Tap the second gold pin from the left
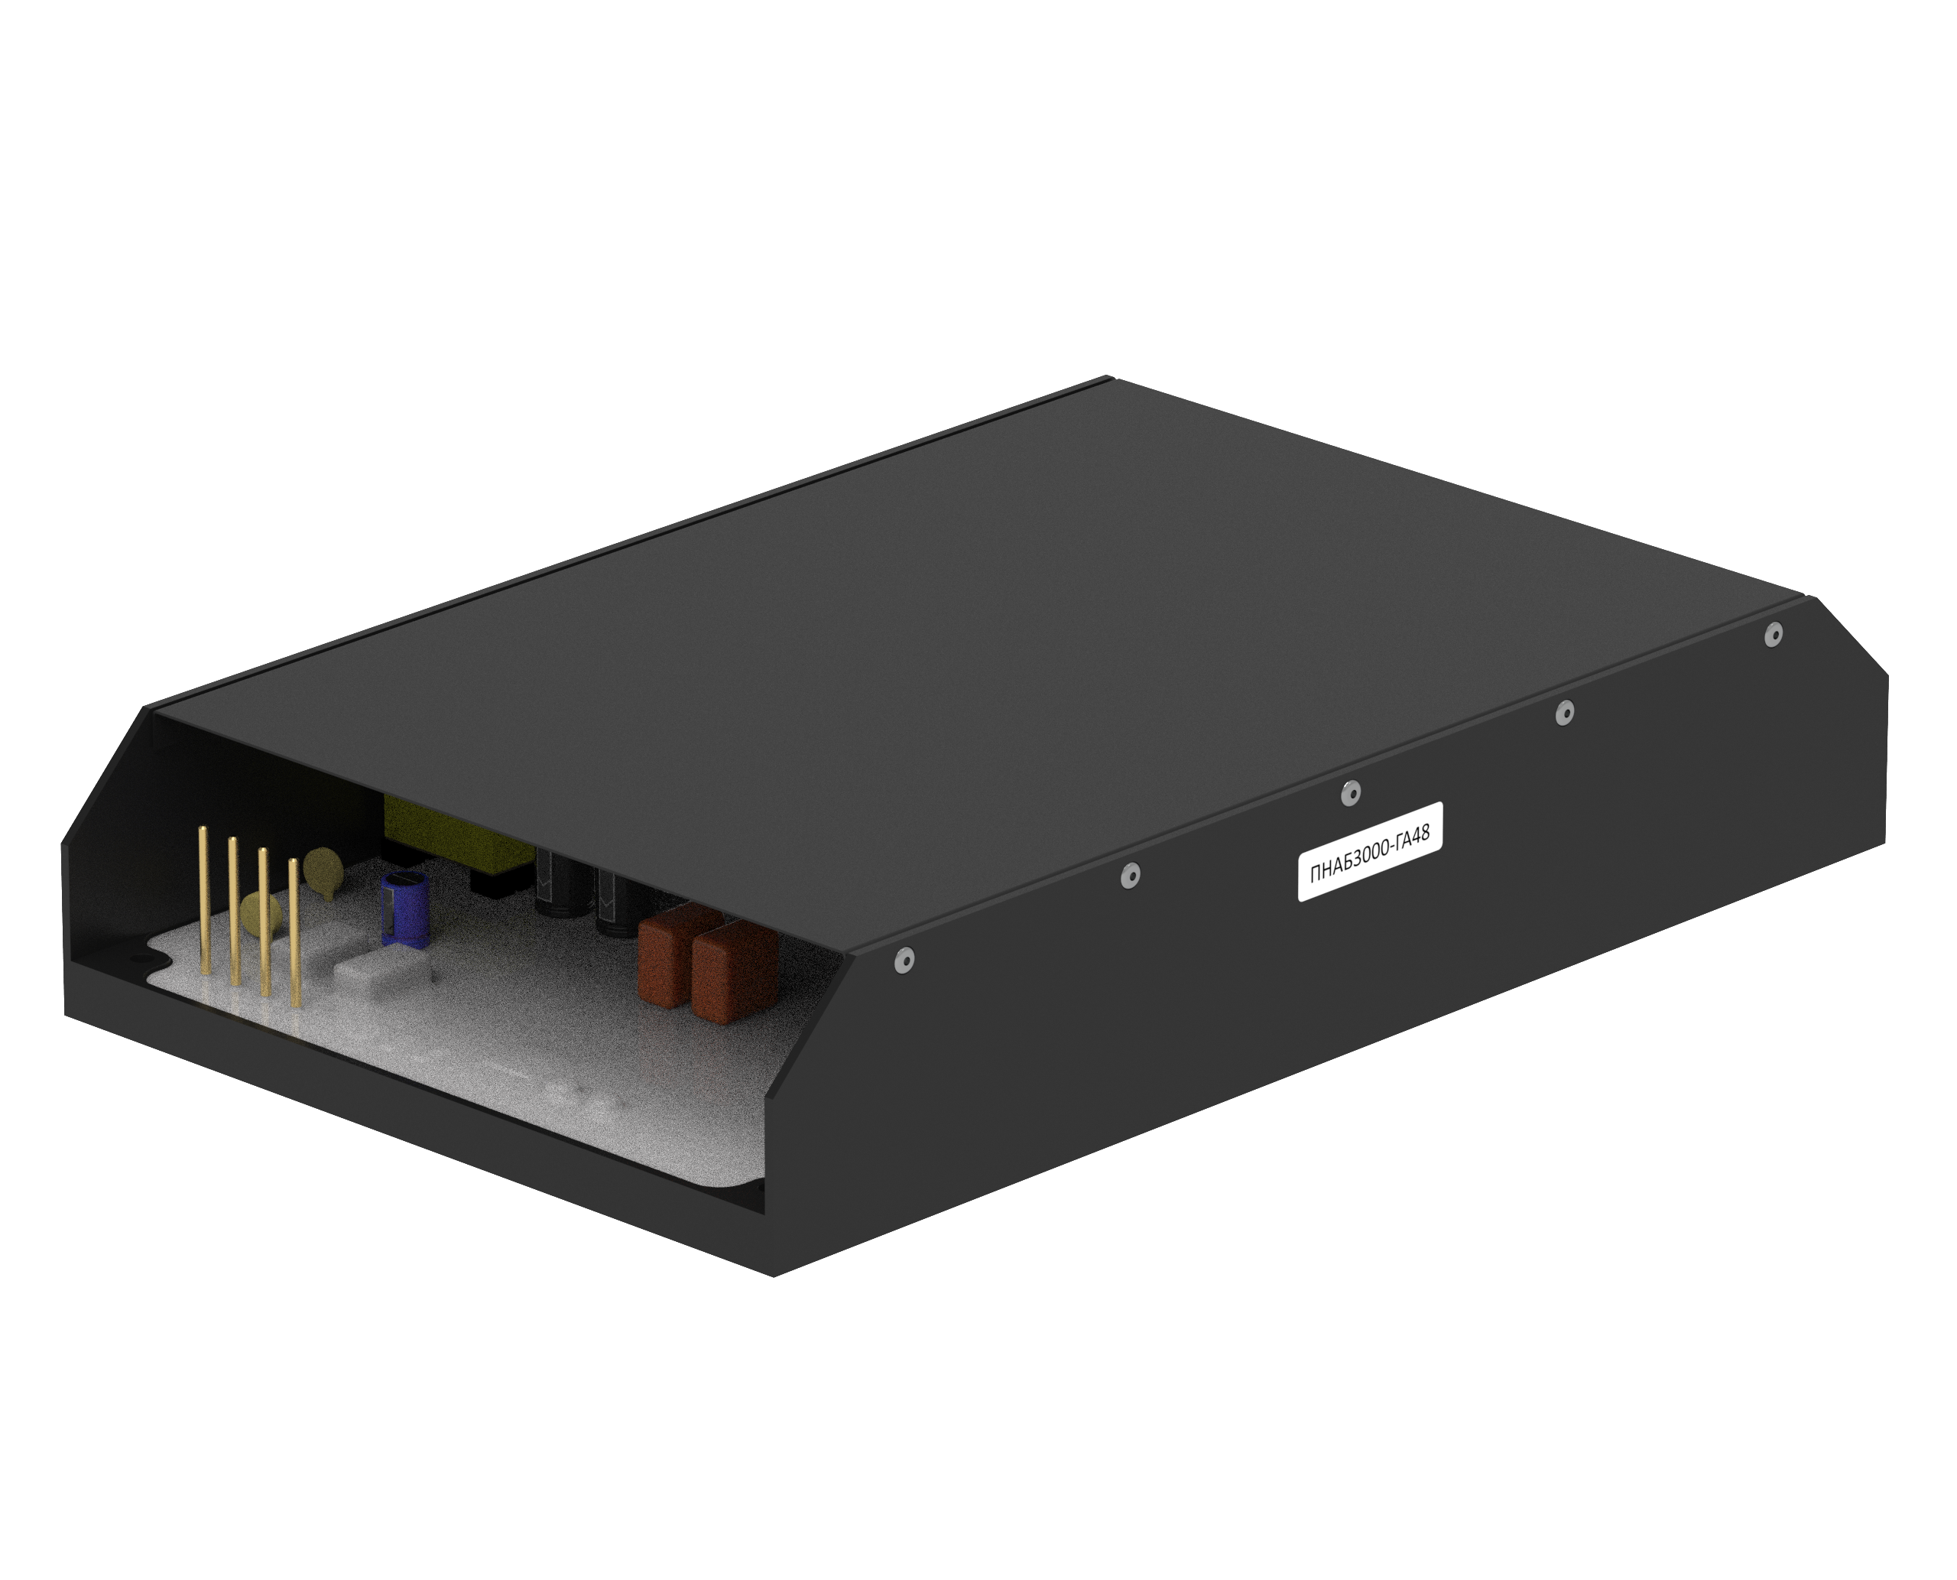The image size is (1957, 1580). [x=233, y=910]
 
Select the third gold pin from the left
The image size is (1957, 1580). [x=264, y=921]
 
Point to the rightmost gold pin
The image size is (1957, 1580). [x=294, y=932]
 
